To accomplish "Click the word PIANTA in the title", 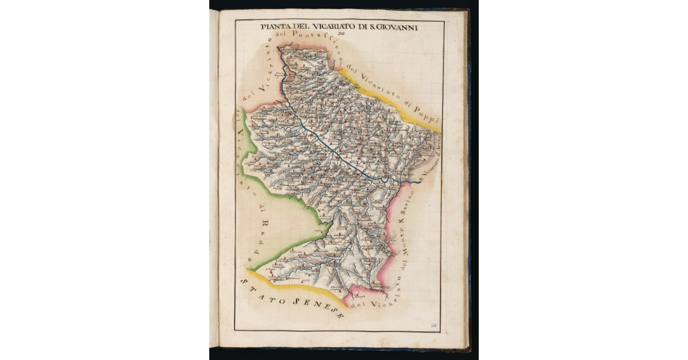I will (273, 26).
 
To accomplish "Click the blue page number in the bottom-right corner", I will (435, 325).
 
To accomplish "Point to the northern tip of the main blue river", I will (279, 49).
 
